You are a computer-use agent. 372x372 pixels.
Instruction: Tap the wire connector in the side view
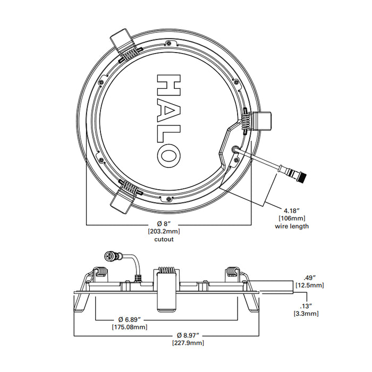tap(113, 258)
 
